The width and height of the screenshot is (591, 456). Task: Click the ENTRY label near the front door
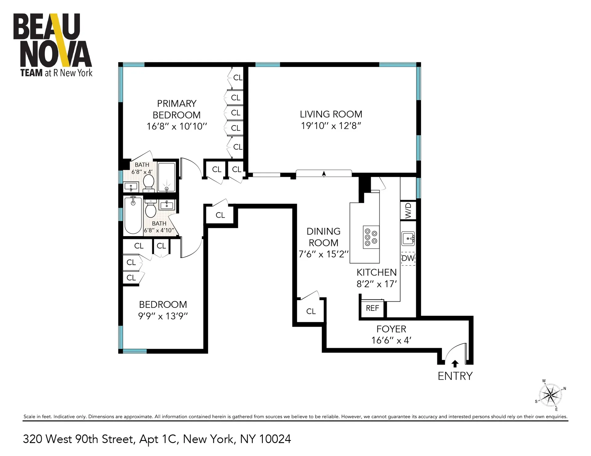(455, 376)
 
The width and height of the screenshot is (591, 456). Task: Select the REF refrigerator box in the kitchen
(372, 308)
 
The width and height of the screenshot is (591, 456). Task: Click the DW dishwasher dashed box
(408, 258)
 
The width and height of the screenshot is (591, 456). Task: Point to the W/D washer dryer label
(408, 211)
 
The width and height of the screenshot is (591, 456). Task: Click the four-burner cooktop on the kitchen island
(371, 237)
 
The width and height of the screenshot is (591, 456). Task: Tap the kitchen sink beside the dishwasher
(408, 238)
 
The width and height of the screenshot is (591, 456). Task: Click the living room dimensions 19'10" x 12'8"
(331, 126)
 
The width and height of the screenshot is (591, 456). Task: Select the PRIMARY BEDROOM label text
(176, 109)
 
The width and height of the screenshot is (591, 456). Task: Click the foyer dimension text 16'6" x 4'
(391, 341)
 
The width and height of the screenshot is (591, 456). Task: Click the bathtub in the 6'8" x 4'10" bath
(133, 215)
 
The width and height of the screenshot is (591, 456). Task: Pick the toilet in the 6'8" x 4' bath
(149, 182)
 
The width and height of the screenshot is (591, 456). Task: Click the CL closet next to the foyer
(311, 311)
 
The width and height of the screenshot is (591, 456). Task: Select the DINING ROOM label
(324, 237)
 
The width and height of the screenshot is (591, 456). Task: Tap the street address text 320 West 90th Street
(79, 439)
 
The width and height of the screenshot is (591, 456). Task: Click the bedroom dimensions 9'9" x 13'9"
(163, 316)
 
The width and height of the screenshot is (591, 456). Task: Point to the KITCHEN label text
(376, 272)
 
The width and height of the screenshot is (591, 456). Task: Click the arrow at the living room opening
(324, 174)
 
